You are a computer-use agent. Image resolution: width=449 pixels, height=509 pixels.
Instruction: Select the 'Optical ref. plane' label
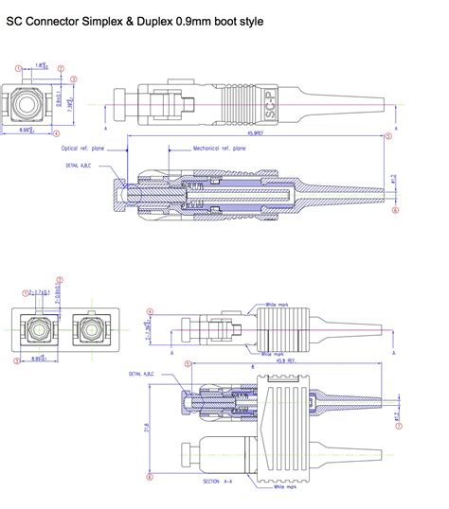(83, 149)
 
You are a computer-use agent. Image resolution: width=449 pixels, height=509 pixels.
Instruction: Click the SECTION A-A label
(216, 481)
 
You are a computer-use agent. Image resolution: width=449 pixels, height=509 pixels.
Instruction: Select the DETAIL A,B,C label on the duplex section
(130, 375)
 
